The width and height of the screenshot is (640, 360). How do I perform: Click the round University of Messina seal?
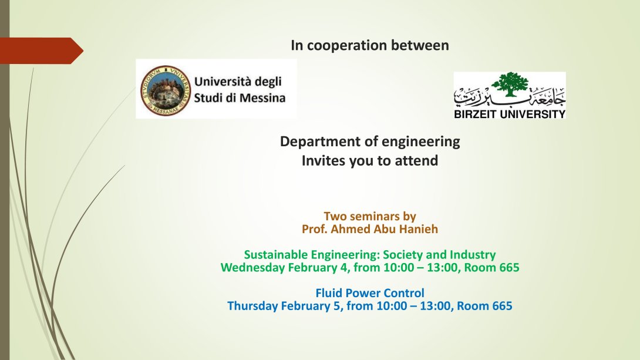tap(166, 90)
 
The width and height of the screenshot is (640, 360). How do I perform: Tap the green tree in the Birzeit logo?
tap(510, 84)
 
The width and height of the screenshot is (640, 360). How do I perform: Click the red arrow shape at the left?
tap(42, 51)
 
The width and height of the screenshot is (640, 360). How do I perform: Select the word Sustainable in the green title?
tap(276, 255)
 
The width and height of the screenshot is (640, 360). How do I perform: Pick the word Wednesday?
tap(252, 268)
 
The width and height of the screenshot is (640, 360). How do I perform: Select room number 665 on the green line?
tap(510, 268)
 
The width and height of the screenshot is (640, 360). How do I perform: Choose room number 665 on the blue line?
tap(503, 306)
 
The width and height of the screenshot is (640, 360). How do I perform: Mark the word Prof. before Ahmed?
tap(315, 229)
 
